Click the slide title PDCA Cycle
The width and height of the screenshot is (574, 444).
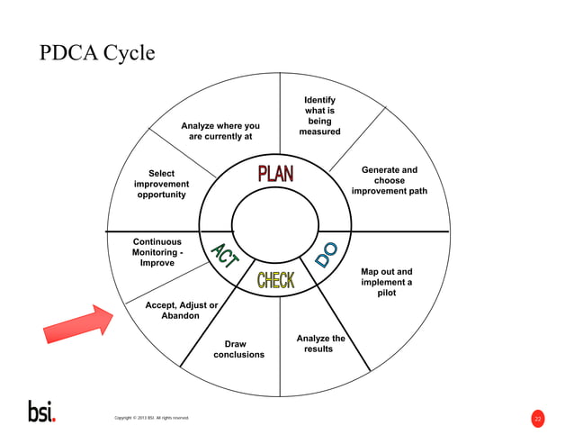(x=97, y=54)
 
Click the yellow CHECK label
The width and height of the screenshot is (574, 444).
(x=275, y=280)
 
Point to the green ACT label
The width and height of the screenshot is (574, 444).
(x=223, y=255)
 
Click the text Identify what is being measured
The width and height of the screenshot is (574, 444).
(x=319, y=116)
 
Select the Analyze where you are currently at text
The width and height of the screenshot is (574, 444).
(x=220, y=131)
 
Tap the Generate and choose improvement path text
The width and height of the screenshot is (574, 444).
(x=389, y=180)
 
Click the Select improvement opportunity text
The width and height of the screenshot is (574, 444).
(x=161, y=184)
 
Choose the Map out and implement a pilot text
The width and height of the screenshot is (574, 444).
(x=386, y=282)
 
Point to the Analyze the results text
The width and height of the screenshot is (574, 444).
(x=319, y=343)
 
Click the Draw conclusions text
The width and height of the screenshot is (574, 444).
(x=238, y=349)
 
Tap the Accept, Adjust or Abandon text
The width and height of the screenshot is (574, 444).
(x=181, y=311)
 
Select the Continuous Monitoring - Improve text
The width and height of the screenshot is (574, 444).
(x=157, y=252)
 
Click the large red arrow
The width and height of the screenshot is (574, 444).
(x=78, y=323)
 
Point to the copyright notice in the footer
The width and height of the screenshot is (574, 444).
(x=151, y=418)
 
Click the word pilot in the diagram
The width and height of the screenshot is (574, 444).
(x=386, y=293)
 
